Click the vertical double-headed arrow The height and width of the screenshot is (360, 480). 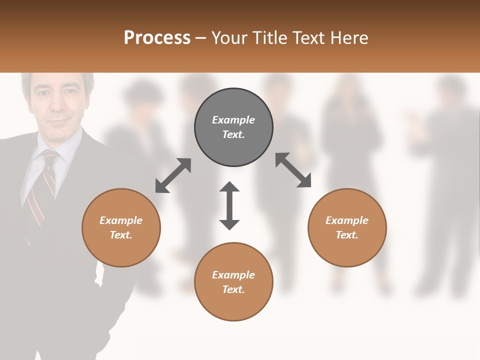(x=229, y=205)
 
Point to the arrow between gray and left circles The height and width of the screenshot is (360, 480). (x=173, y=175)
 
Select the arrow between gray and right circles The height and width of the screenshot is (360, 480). (x=293, y=170)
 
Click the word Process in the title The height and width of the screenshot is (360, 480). (x=157, y=38)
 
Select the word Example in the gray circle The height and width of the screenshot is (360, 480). (x=233, y=120)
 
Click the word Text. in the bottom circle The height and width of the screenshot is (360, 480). (x=233, y=289)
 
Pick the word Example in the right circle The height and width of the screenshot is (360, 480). (x=347, y=220)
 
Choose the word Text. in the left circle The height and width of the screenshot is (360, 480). (x=121, y=235)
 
